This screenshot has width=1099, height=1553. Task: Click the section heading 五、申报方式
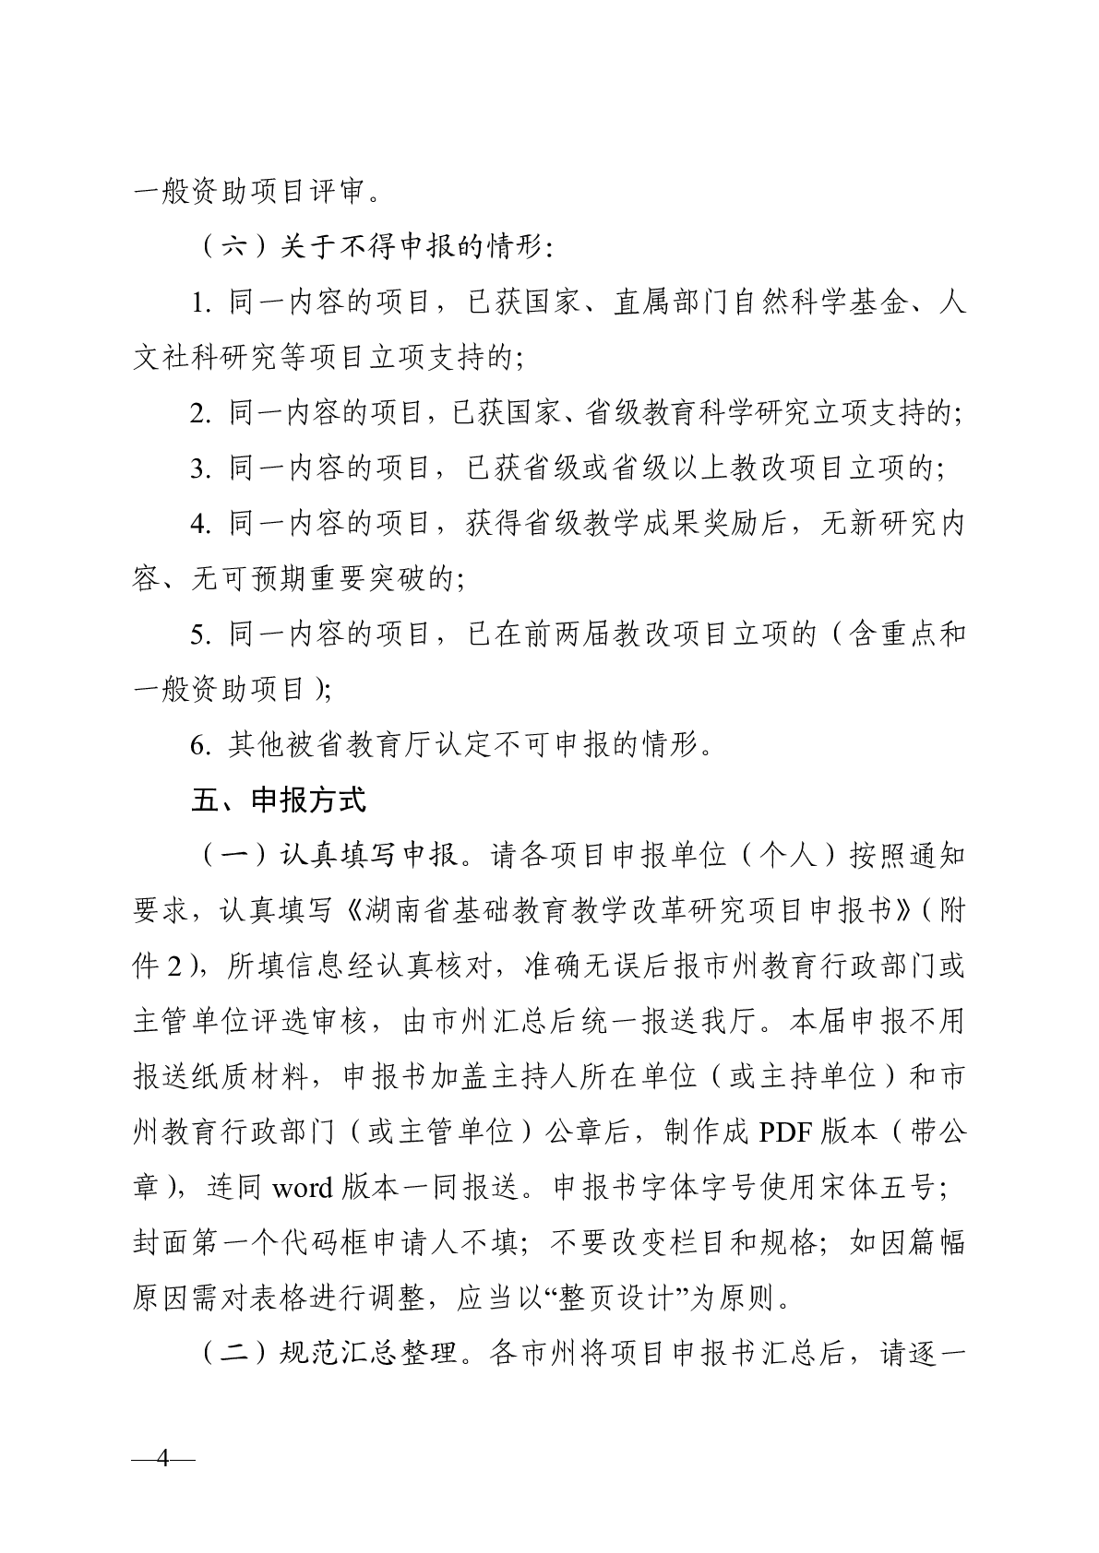click(278, 799)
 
